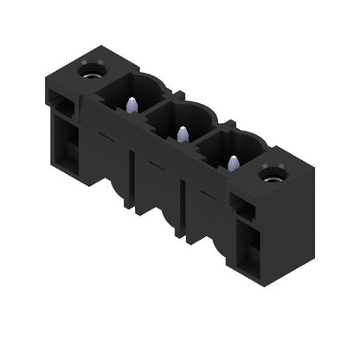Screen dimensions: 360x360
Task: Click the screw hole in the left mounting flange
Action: [x=91, y=69]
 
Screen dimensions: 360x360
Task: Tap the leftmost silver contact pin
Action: [x=132, y=105]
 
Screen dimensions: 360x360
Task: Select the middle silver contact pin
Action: [x=182, y=133]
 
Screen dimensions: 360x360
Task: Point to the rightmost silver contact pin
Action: [x=232, y=161]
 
